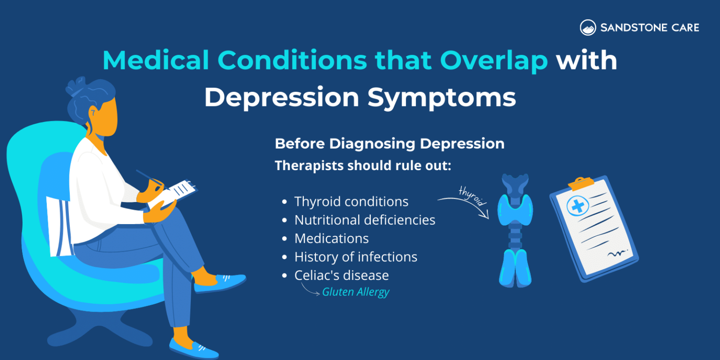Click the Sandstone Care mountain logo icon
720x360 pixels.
pos(588,28)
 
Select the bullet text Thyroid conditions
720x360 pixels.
pos(351,202)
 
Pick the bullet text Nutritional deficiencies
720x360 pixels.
pos(365,220)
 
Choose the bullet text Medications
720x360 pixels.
pos(331,239)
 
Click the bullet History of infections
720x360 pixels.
pos(356,257)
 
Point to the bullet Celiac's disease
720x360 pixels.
pos(341,275)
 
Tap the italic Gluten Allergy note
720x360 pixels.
pos(356,292)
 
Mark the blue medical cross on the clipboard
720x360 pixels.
pos(578,206)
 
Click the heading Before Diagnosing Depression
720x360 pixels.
pos(390,144)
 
